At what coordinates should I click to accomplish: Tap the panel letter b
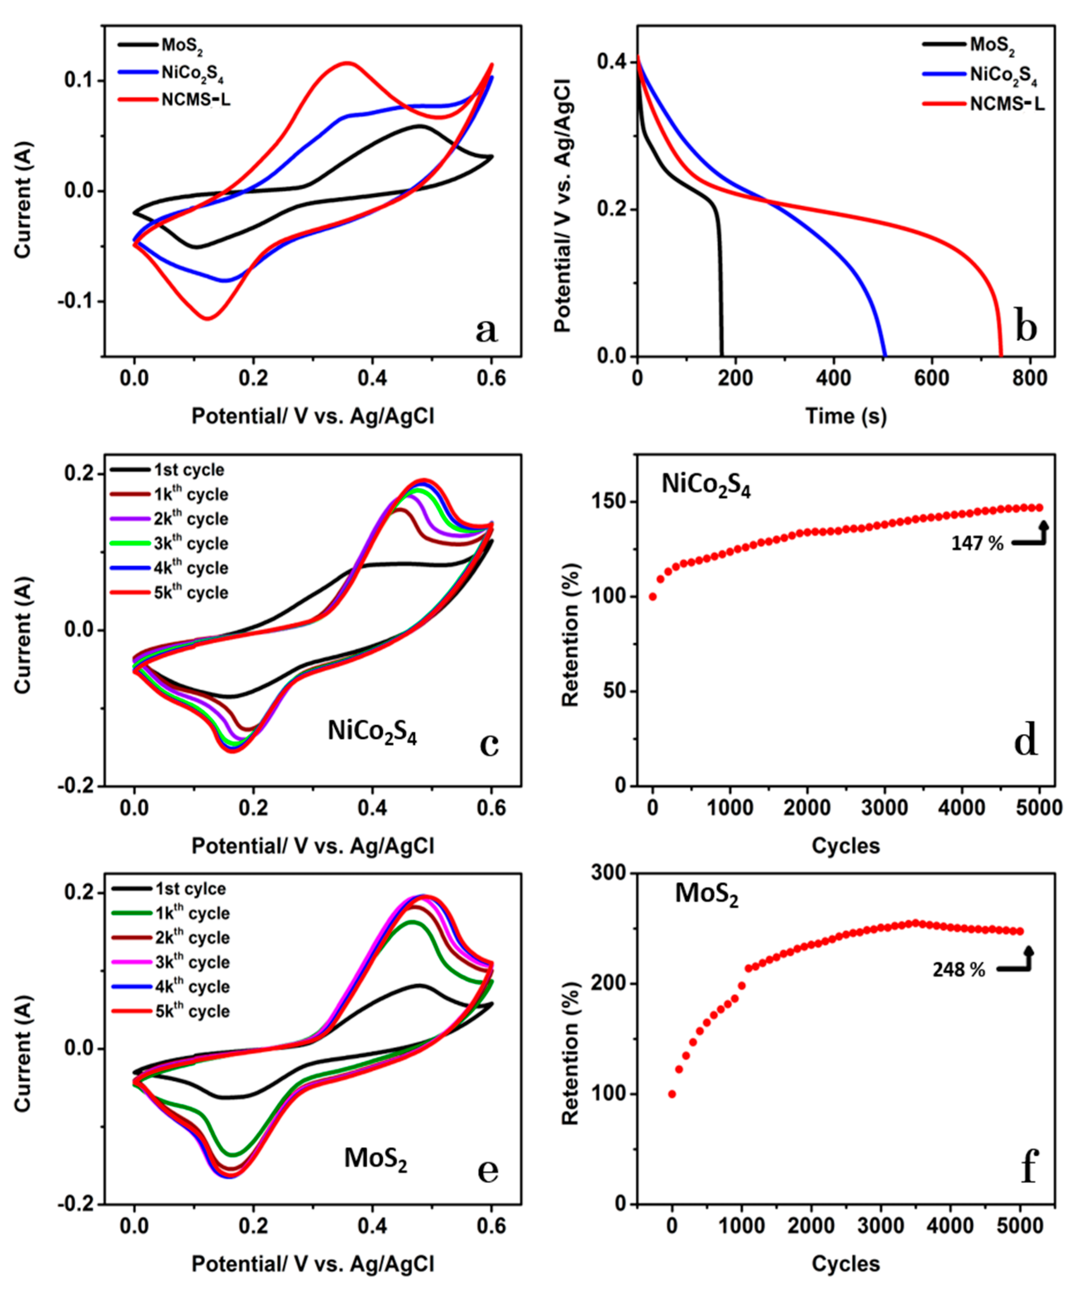point(1026,328)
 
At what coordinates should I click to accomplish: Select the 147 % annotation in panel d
point(977,543)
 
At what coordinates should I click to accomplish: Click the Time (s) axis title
point(846,416)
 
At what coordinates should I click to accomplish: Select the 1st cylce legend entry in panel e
point(190,889)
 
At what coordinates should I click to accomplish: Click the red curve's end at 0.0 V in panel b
point(1001,355)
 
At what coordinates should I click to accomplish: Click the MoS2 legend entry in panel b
point(992,45)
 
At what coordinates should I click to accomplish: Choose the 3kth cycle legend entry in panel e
point(191,962)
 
